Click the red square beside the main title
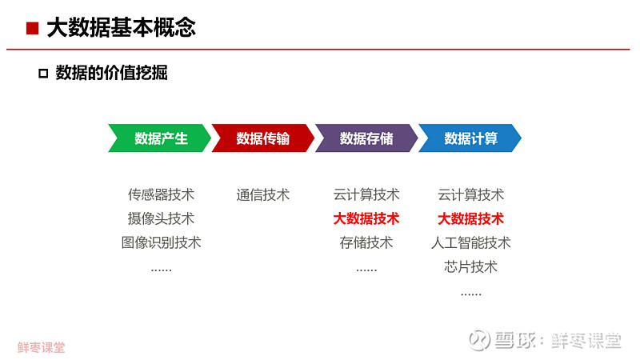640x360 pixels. pyautogui.click(x=32, y=28)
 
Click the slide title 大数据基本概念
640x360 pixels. pyautogui.click(x=122, y=28)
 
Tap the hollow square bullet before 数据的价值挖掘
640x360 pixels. pyautogui.click(x=43, y=74)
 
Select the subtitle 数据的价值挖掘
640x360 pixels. pyautogui.click(x=111, y=73)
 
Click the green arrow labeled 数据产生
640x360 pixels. pyautogui.click(x=159, y=138)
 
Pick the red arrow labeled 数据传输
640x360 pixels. pyautogui.click(x=263, y=138)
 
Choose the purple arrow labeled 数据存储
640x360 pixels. pyautogui.click(x=366, y=138)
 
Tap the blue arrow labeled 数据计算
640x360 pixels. pyautogui.click(x=470, y=138)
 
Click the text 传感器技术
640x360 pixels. pyautogui.click(x=162, y=194)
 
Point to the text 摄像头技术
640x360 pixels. pyautogui.click(x=162, y=218)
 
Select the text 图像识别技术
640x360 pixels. pyautogui.click(x=162, y=243)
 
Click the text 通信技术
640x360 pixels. pyautogui.click(x=263, y=194)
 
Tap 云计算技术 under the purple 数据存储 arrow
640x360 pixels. pyautogui.click(x=366, y=194)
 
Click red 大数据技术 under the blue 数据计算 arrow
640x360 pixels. pyautogui.click(x=471, y=218)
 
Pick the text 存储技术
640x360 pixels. pyautogui.click(x=366, y=243)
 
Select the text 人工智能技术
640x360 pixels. pyautogui.click(x=471, y=243)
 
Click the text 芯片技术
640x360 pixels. pyautogui.click(x=471, y=267)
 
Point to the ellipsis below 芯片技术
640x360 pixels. pyautogui.click(x=471, y=294)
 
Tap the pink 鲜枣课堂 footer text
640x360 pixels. pyautogui.click(x=42, y=347)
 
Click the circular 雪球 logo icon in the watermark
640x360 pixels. pyautogui.click(x=479, y=340)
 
